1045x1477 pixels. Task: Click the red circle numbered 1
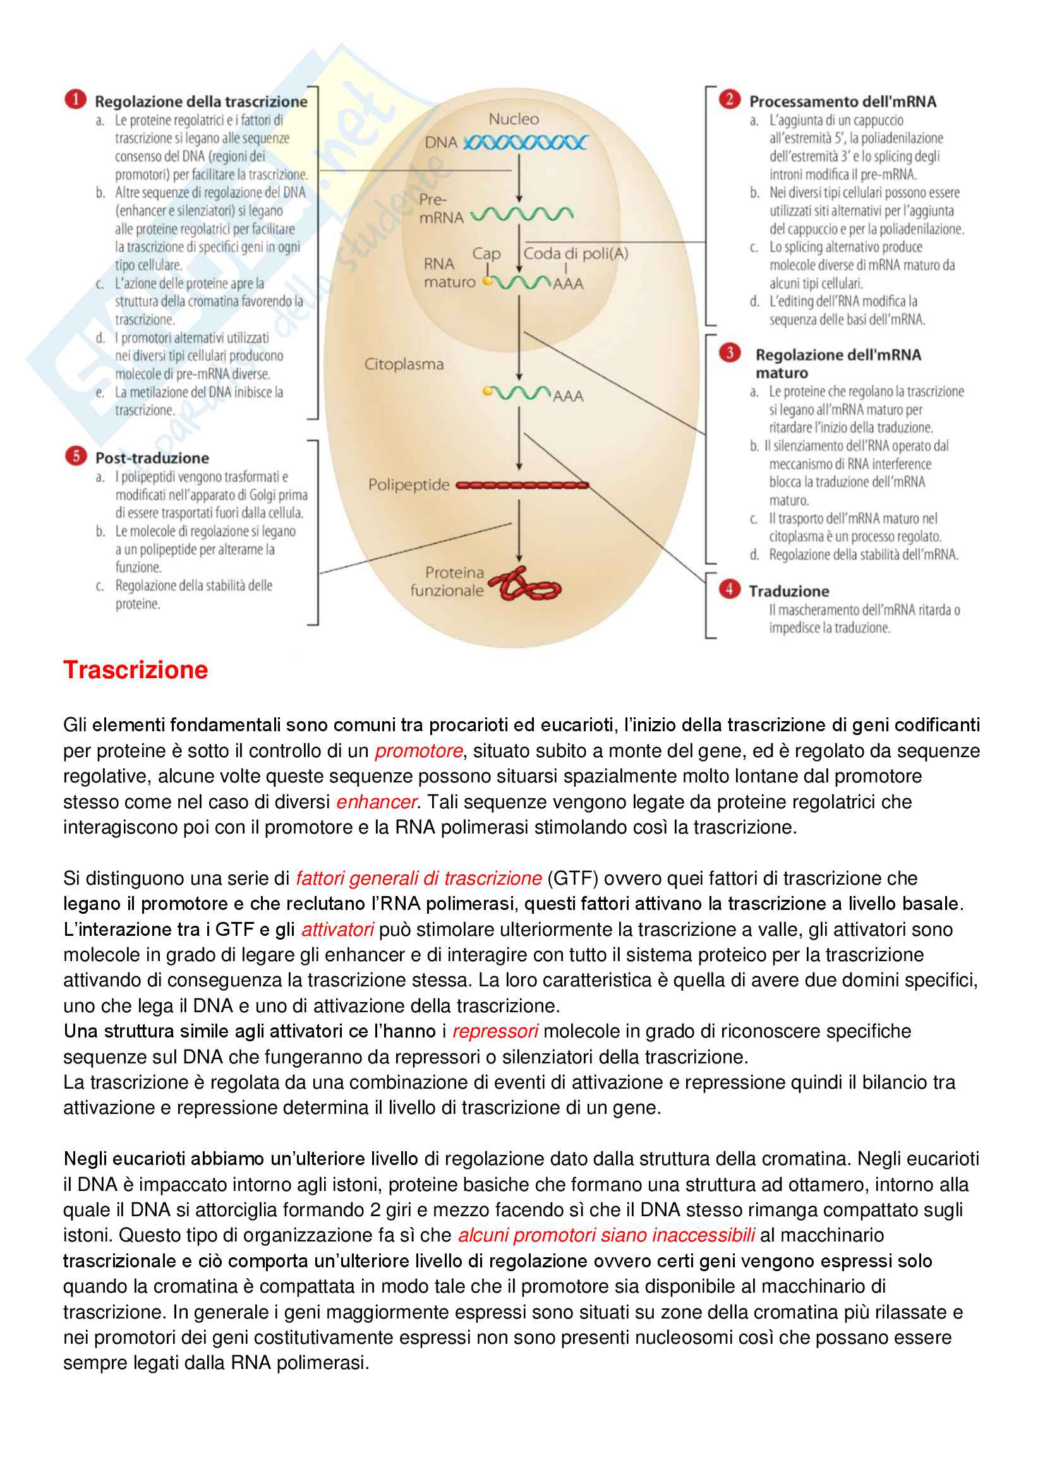pyautogui.click(x=75, y=100)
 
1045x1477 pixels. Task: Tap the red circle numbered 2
pyautogui.click(x=729, y=99)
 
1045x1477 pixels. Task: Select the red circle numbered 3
pyautogui.click(x=729, y=352)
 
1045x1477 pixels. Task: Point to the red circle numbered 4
pyautogui.click(x=729, y=589)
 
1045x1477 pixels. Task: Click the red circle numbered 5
pyautogui.click(x=75, y=456)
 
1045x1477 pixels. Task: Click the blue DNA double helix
pyautogui.click(x=525, y=143)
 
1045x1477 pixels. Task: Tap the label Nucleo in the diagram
pyautogui.click(x=514, y=119)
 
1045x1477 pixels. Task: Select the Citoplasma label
pyautogui.click(x=404, y=364)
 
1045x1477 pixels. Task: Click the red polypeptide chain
pyautogui.click(x=522, y=485)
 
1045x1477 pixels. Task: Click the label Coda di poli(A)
pyautogui.click(x=576, y=253)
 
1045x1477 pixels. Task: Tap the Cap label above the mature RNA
pyautogui.click(x=486, y=254)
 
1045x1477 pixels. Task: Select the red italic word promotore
pyautogui.click(x=419, y=751)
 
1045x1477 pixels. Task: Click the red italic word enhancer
pyautogui.click(x=377, y=801)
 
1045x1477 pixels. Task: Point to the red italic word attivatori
pyautogui.click(x=337, y=929)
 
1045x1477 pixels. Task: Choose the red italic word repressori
pyautogui.click(x=495, y=1031)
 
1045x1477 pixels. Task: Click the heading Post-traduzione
pyautogui.click(x=152, y=458)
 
